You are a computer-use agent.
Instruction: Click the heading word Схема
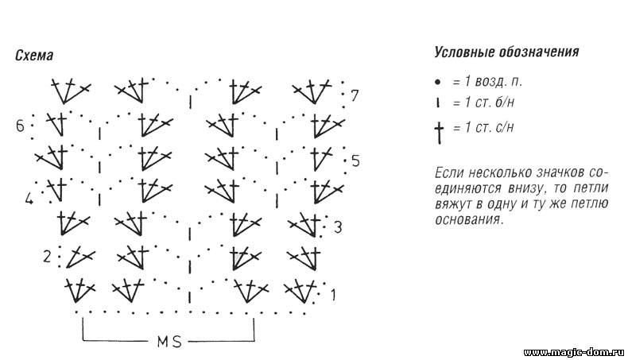(x=34, y=56)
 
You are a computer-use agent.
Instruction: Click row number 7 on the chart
(x=355, y=95)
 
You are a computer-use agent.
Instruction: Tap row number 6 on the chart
(x=20, y=126)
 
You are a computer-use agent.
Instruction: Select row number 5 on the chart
(x=355, y=161)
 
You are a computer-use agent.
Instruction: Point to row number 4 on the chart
(x=29, y=199)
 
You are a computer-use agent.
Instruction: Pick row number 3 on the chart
(x=338, y=227)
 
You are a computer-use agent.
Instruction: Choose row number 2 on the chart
(x=47, y=256)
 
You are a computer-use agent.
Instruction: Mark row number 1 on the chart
(x=333, y=295)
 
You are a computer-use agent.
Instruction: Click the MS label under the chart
(x=169, y=342)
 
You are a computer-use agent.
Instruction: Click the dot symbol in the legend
(x=438, y=82)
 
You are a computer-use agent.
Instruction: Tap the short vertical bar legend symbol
(x=438, y=103)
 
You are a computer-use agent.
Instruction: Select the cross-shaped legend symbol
(x=440, y=133)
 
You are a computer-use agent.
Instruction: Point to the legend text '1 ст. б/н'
(x=490, y=103)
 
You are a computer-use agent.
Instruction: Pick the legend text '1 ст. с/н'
(x=489, y=127)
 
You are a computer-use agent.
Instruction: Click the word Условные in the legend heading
(x=464, y=52)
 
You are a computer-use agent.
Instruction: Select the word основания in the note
(x=467, y=219)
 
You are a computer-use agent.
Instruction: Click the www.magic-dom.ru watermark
(x=573, y=352)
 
